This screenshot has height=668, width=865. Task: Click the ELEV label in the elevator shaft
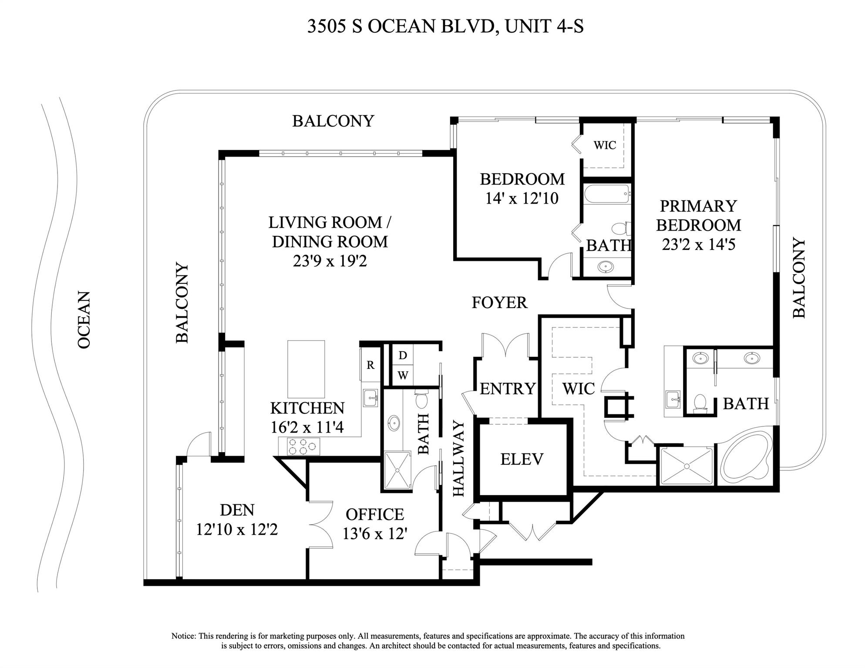522,460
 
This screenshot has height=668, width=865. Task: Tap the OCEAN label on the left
84,320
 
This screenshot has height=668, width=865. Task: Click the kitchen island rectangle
306,369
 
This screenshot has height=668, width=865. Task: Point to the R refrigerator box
370,365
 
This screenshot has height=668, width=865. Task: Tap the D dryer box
403,356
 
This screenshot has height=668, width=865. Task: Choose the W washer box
403,375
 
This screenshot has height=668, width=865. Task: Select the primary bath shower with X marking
687,466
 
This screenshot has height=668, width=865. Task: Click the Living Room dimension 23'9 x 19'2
330,261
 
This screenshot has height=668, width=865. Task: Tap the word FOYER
499,302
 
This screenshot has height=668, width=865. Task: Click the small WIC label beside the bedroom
605,145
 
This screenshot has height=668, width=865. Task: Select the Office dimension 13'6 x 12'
374,534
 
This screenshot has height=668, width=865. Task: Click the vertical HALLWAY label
459,459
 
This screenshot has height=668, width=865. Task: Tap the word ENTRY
507,389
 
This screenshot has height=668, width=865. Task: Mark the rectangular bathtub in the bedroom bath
606,194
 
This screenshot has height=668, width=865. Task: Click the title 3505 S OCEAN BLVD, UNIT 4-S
445,26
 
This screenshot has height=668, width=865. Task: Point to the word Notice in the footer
184,636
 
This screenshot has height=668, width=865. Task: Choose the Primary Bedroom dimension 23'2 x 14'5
698,245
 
